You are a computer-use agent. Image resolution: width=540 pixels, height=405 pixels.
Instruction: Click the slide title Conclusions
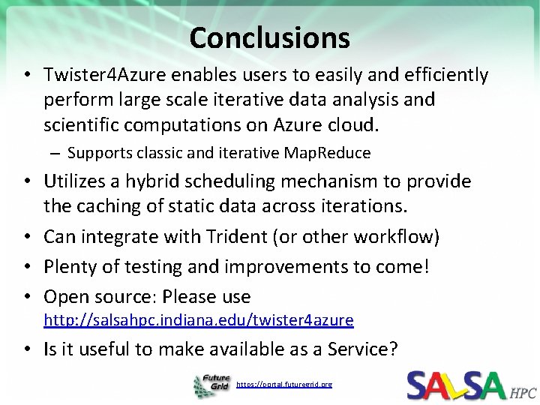pyautogui.click(x=269, y=37)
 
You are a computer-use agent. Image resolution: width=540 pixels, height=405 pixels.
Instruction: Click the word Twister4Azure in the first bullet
pyautogui.click(x=98, y=75)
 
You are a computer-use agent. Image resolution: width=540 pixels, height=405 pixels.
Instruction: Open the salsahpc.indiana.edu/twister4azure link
pyautogui.click(x=198, y=320)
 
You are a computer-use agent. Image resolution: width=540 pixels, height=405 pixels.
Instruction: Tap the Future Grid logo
pyautogui.click(x=212, y=385)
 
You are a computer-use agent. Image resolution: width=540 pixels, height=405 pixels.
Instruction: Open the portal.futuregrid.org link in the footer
pyautogui.click(x=283, y=385)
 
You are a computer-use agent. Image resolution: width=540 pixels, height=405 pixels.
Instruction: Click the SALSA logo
pyautogui.click(x=456, y=385)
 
